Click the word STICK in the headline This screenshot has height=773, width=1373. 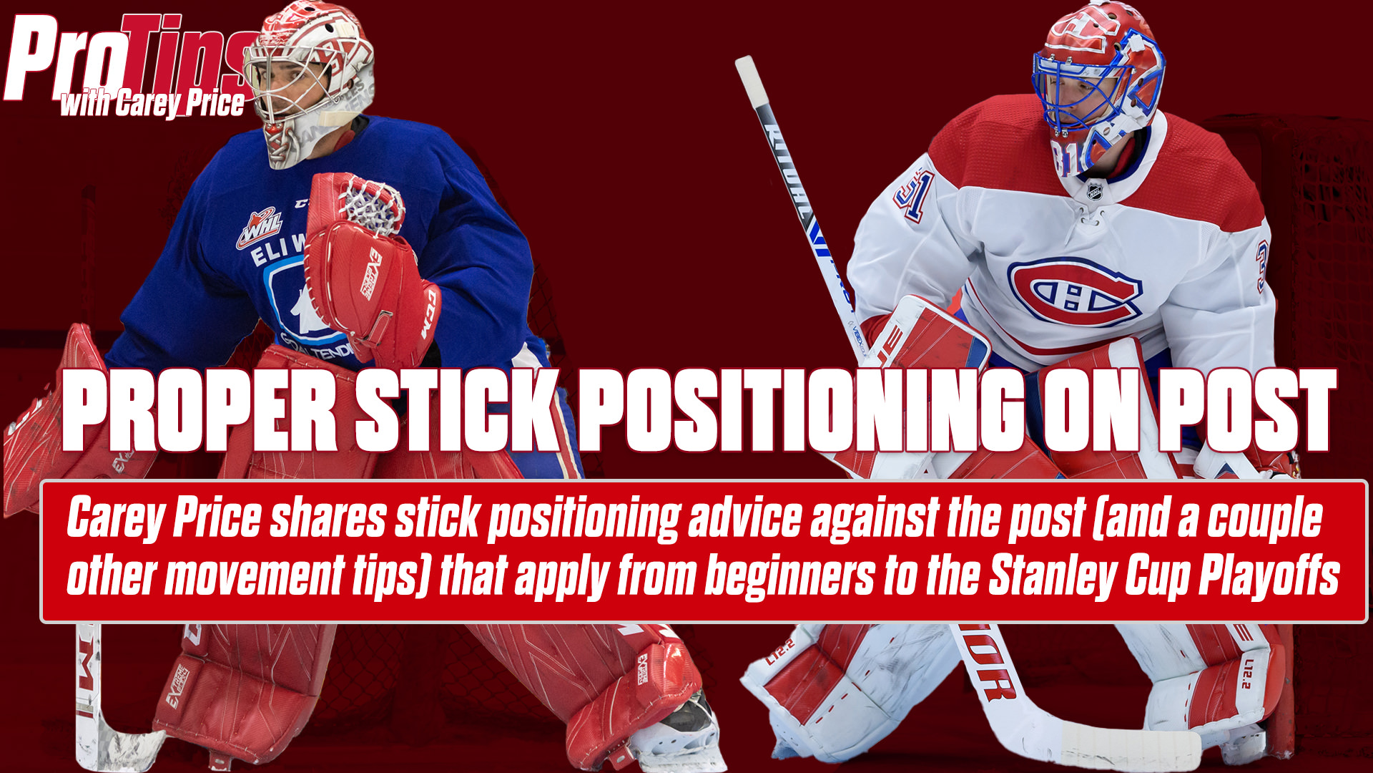pyautogui.click(x=456, y=412)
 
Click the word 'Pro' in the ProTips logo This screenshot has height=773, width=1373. pyautogui.click(x=68, y=61)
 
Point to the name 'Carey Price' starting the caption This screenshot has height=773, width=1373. pyautogui.click(x=164, y=518)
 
